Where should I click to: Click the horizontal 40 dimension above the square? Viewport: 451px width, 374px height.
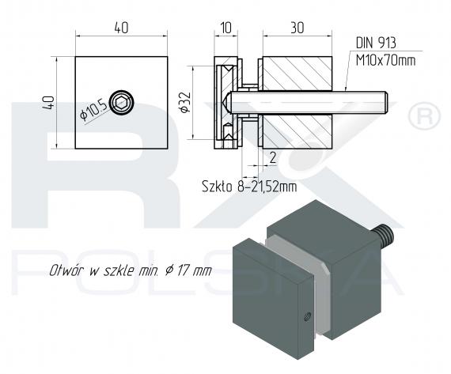point(121,28)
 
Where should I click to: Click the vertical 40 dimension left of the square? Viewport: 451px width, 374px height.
point(48,103)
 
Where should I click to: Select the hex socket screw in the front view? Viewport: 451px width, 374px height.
point(123,102)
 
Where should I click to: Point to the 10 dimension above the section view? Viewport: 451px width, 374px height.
point(226,28)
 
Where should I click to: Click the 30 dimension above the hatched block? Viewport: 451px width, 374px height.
point(298,28)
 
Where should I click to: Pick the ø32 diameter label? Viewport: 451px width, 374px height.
point(185,102)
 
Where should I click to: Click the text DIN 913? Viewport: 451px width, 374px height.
point(376,43)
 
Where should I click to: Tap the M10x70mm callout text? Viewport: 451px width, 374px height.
point(385,60)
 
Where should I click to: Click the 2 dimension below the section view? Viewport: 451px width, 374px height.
point(272,157)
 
